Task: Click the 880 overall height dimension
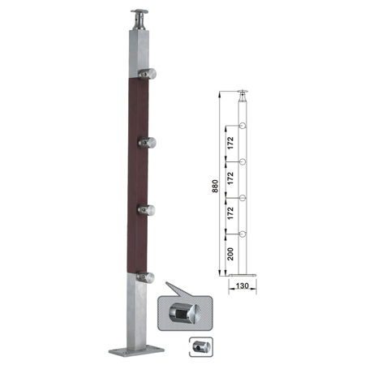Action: tap(215, 186)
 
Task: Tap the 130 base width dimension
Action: tap(243, 286)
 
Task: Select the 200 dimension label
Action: tap(230, 254)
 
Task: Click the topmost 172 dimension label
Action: tap(230, 143)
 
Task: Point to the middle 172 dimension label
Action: tap(230, 178)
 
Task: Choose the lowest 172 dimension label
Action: tap(230, 213)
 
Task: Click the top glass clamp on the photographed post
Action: tap(148, 74)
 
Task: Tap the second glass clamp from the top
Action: tap(148, 143)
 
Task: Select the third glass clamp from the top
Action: tap(147, 210)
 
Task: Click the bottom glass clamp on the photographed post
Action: tap(145, 277)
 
